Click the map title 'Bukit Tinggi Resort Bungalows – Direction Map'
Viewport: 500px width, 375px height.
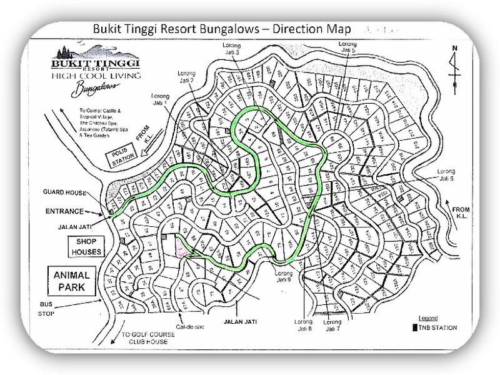(221, 29)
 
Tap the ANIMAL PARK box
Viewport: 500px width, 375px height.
(72, 281)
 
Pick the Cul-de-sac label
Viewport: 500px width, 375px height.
(173, 325)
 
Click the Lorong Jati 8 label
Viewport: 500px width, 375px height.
(304, 325)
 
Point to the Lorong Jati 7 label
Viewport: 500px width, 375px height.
(334, 325)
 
